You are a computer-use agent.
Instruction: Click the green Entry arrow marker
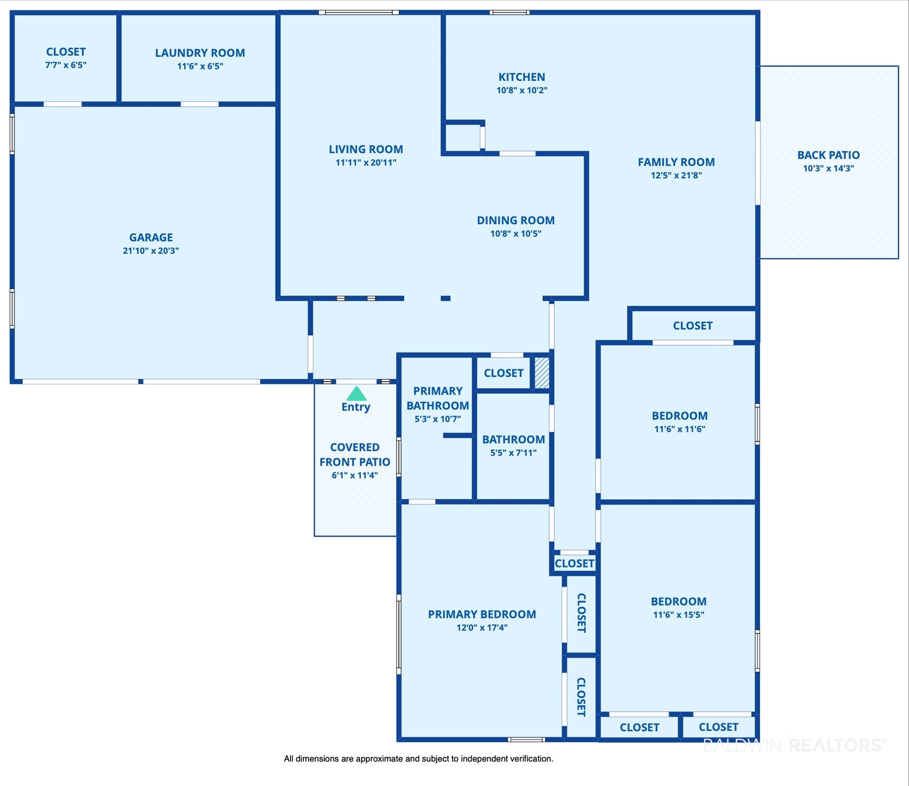pyautogui.click(x=357, y=394)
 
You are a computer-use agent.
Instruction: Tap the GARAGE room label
pyautogui.click(x=151, y=237)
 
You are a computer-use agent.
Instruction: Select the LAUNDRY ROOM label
pyautogui.click(x=200, y=53)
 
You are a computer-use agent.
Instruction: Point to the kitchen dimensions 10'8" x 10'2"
pyautogui.click(x=522, y=90)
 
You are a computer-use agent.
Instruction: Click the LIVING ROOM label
pyautogui.click(x=366, y=149)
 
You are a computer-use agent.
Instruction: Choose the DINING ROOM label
pyautogui.click(x=516, y=221)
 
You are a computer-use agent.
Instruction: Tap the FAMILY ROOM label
pyautogui.click(x=676, y=162)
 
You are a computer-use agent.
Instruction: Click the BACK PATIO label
pyautogui.click(x=828, y=155)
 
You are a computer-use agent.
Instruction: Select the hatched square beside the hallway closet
pyautogui.click(x=542, y=373)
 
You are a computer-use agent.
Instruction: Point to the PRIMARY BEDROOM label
pyautogui.click(x=482, y=614)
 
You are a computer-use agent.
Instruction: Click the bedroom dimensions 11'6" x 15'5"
pyautogui.click(x=679, y=615)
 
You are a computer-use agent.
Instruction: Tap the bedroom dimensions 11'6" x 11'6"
pyautogui.click(x=680, y=429)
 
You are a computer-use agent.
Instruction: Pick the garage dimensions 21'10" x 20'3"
pyautogui.click(x=151, y=251)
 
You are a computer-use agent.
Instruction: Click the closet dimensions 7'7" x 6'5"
pyautogui.click(x=66, y=65)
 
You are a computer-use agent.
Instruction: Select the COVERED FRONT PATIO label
pyautogui.click(x=355, y=454)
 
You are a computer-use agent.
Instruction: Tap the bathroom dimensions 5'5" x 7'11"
pyautogui.click(x=514, y=452)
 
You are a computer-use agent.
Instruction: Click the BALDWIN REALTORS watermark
pyautogui.click(x=794, y=745)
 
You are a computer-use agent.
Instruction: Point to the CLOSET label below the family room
pyautogui.click(x=693, y=326)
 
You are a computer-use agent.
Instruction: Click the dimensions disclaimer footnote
pyautogui.click(x=418, y=759)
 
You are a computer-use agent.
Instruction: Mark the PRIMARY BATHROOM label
pyautogui.click(x=438, y=398)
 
